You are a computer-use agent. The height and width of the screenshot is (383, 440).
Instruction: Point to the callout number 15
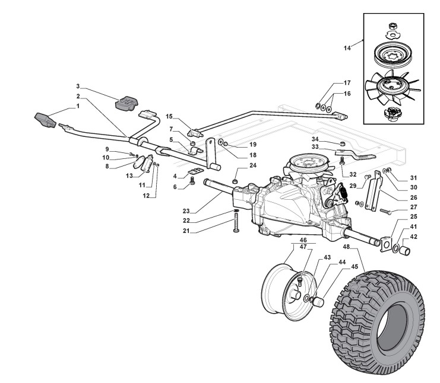(169, 116)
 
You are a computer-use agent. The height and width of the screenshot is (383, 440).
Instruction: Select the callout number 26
(398, 197)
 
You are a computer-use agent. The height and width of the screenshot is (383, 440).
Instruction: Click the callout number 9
(107, 149)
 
